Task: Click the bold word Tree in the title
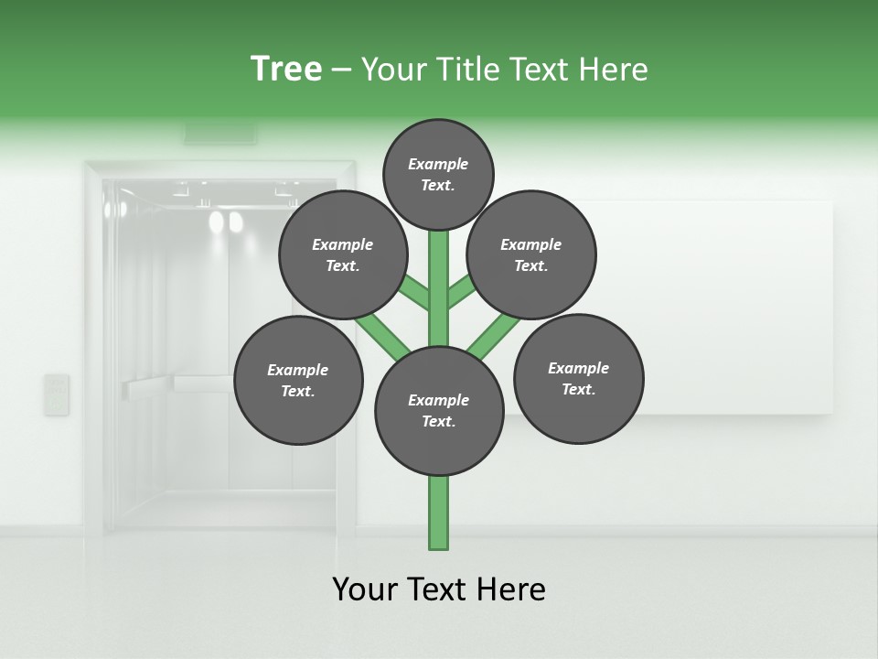point(286,69)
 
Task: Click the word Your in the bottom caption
point(366,589)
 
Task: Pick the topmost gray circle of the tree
point(438,174)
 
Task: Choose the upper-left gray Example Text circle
point(342,255)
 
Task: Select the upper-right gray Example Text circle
point(531,255)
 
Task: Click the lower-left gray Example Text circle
point(298,381)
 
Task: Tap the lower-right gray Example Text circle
point(578,379)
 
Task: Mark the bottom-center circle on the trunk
point(439,411)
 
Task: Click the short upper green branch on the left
point(415,293)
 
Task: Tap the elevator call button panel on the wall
point(57,394)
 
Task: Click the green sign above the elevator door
point(220,134)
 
